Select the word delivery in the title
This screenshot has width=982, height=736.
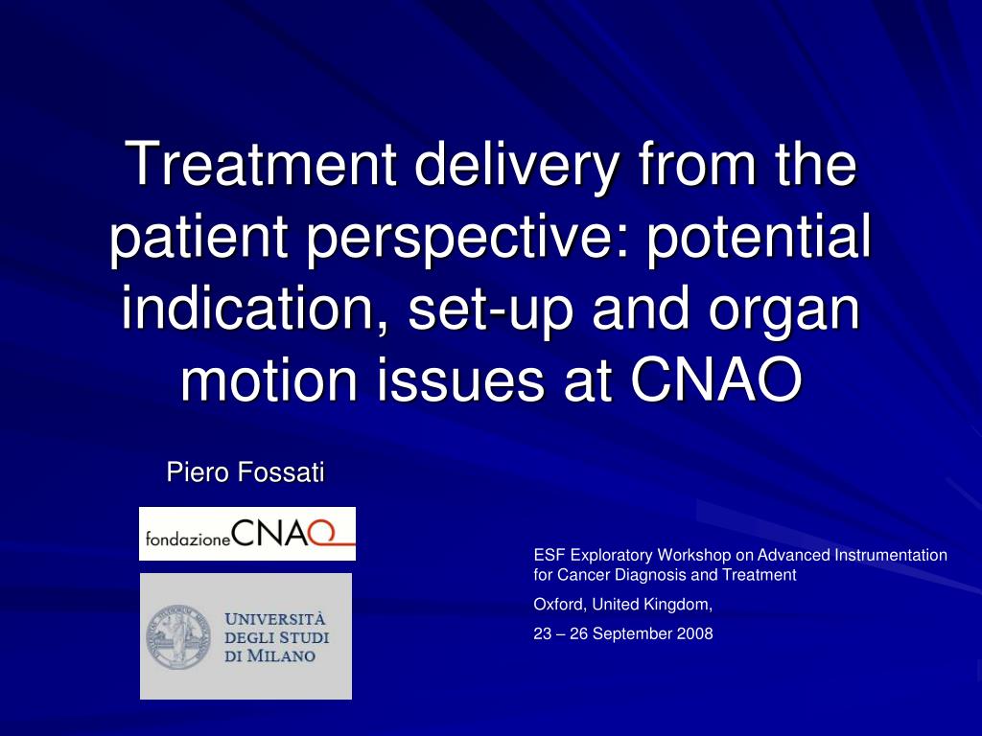(x=517, y=167)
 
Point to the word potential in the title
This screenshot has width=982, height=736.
(x=760, y=236)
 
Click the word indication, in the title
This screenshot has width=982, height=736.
(x=256, y=308)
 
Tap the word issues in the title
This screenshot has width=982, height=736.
(x=460, y=379)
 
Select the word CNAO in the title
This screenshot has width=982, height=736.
(x=716, y=379)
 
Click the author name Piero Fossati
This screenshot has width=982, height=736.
(x=245, y=471)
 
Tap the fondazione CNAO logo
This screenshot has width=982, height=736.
(x=247, y=534)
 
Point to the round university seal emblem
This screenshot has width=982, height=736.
(x=179, y=637)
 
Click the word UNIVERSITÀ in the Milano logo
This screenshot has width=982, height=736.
(x=275, y=620)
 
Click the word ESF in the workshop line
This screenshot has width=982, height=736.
(x=549, y=555)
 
